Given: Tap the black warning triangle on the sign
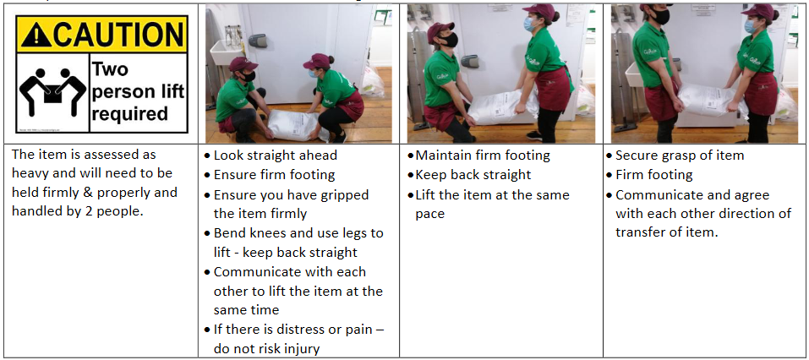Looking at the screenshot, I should tap(36, 34).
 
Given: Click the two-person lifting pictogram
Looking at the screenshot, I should tap(52, 90).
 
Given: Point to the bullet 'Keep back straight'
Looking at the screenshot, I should tap(473, 175).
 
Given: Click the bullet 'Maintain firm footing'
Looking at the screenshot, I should tap(483, 155).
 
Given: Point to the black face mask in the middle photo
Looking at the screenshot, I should tap(450, 40).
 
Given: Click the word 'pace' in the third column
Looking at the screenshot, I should tap(429, 213).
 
